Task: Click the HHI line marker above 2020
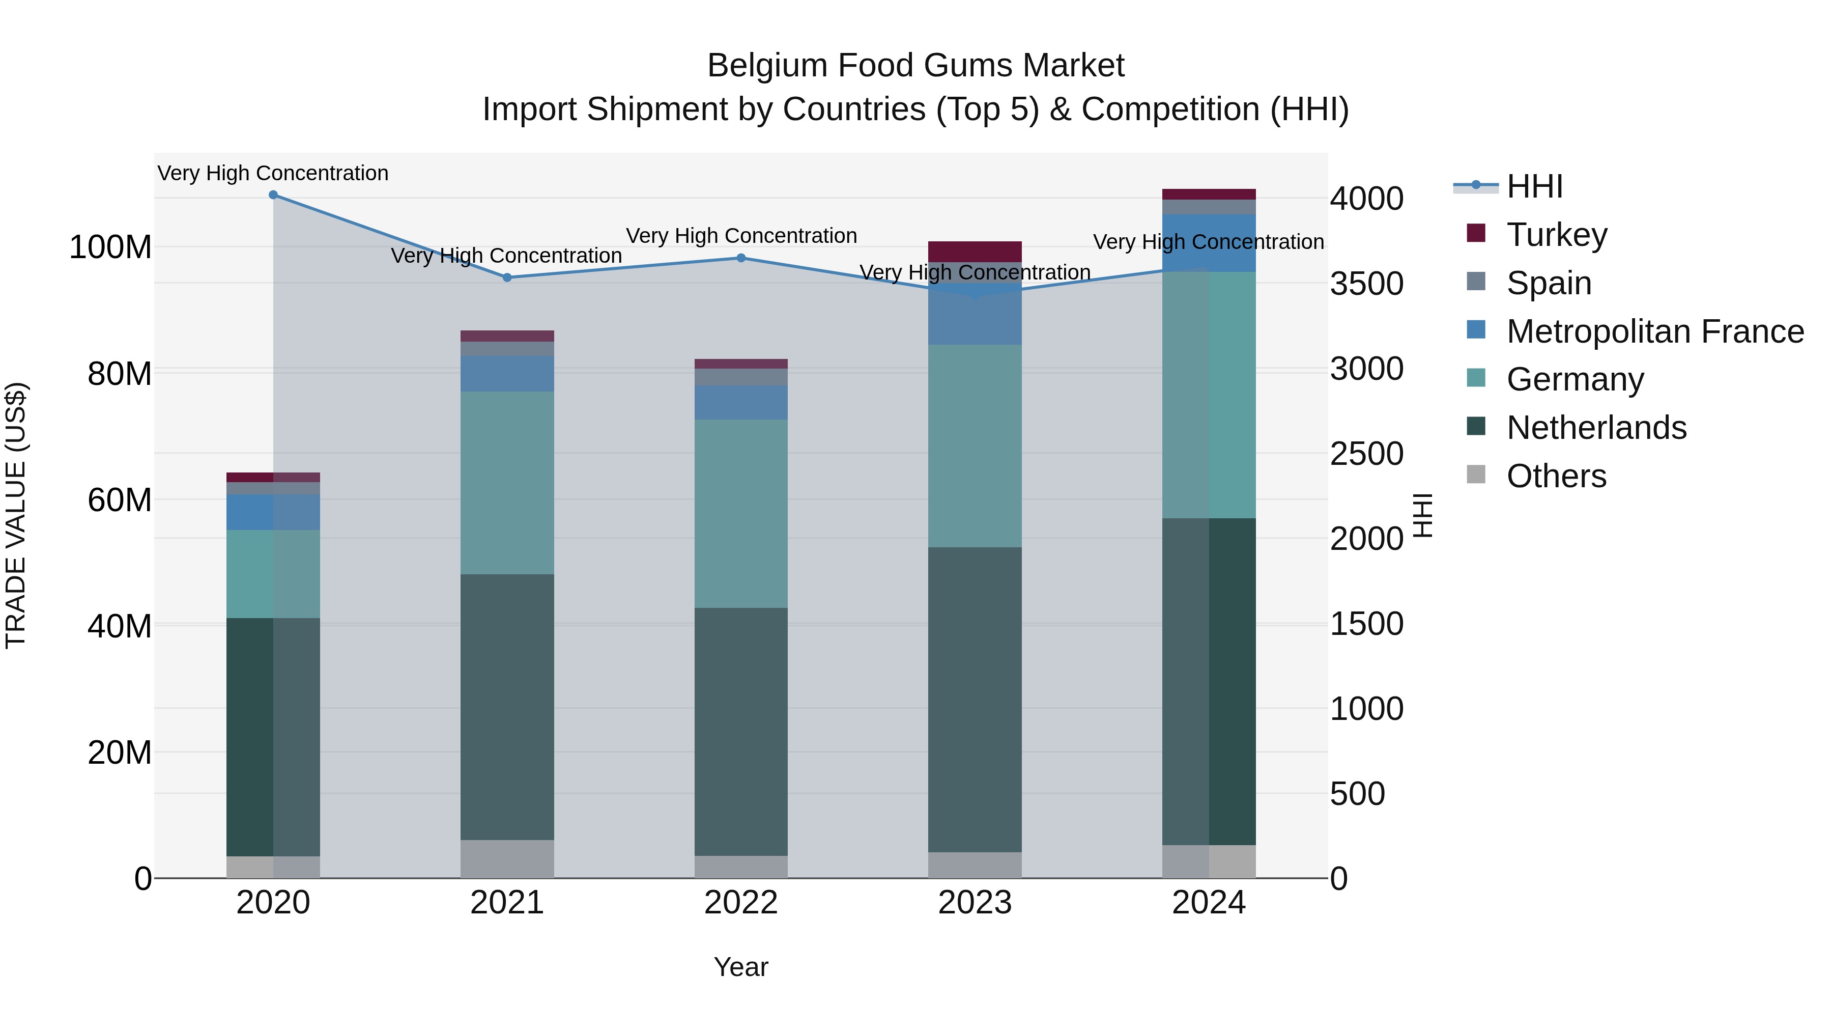point(273,195)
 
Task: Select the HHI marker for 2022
point(741,258)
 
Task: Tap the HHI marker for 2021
point(507,277)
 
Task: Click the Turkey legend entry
point(1556,235)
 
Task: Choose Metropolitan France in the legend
point(1654,331)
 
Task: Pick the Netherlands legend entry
point(1596,428)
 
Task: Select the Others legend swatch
point(1476,475)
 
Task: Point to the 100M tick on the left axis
point(110,247)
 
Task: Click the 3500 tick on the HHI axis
point(1366,284)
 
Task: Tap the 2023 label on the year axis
point(975,903)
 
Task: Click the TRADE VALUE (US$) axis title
point(16,515)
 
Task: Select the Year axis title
point(740,967)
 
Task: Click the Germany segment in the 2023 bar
point(975,445)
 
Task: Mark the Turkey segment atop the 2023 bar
point(975,251)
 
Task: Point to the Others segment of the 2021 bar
point(507,859)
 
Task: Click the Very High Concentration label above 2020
point(273,174)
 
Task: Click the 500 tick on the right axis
point(1357,794)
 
